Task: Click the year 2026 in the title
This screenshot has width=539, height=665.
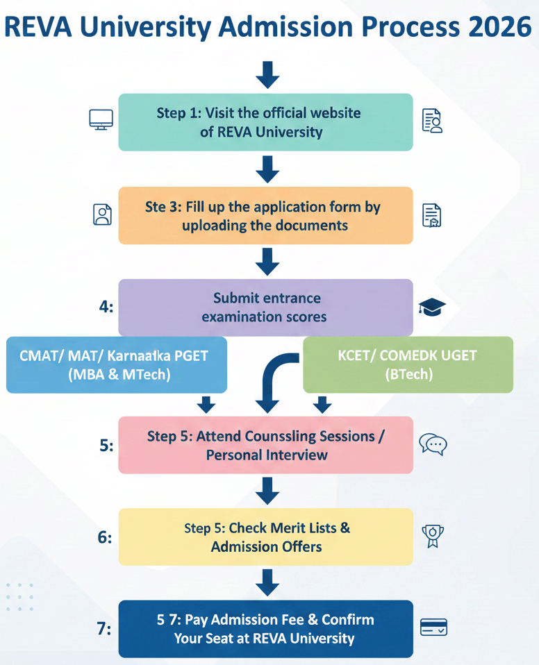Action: (500, 26)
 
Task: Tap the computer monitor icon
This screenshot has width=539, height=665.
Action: (101, 119)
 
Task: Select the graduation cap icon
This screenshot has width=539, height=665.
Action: (432, 307)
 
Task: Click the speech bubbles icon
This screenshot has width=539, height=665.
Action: (433, 444)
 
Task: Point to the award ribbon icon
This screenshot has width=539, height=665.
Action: (433, 537)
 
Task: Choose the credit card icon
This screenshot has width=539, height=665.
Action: (433, 628)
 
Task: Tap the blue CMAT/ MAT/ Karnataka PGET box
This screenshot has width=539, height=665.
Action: (117, 364)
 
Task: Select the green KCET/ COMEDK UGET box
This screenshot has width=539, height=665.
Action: (408, 364)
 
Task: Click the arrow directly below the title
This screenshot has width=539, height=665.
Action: (267, 75)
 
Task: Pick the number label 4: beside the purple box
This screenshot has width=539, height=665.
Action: (106, 306)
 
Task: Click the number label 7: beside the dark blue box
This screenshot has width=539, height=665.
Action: (104, 628)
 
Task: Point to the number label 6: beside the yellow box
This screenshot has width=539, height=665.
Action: (105, 537)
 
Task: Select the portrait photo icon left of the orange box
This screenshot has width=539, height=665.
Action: (102, 214)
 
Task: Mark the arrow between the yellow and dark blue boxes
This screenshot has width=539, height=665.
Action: (267, 582)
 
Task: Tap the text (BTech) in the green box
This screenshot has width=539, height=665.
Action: (409, 374)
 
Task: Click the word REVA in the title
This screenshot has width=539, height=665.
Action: (38, 26)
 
